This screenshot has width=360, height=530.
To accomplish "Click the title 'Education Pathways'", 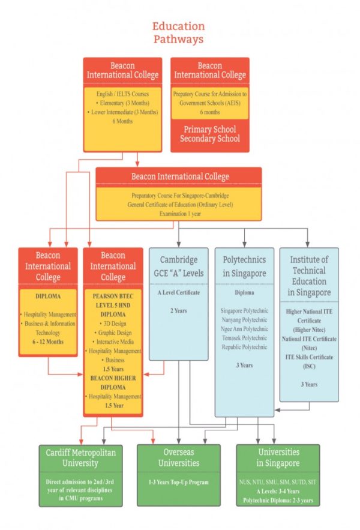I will click(x=178, y=32).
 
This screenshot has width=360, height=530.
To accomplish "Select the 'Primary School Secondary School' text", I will click(x=210, y=134).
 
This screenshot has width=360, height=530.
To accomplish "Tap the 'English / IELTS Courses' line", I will click(x=122, y=94).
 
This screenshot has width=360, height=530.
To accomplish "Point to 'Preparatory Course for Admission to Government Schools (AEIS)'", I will click(x=210, y=98).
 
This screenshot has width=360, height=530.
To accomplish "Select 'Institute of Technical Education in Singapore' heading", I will click(x=308, y=276).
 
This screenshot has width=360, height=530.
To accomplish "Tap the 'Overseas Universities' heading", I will click(x=178, y=457).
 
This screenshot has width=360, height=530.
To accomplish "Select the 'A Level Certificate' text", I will click(x=178, y=293).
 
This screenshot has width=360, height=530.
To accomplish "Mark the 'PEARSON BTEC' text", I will click(x=113, y=296).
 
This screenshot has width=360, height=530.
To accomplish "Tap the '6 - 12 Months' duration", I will click(x=48, y=342).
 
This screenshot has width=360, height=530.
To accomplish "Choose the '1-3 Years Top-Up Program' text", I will click(x=178, y=482).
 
